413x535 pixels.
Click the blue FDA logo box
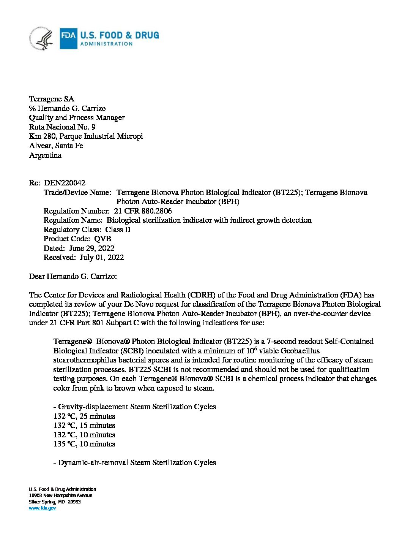tap(68, 38)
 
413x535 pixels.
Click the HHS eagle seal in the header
tap(42, 39)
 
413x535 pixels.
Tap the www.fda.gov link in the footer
tap(43, 508)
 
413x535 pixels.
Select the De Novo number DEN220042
tap(65, 183)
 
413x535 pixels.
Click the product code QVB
tap(102, 239)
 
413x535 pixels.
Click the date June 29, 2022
tap(91, 249)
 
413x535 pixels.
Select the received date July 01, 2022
tap(102, 258)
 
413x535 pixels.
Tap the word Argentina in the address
tap(45, 155)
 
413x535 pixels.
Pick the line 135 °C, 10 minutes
tap(84, 444)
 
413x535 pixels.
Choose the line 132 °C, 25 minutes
tap(84, 416)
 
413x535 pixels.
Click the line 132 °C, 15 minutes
tap(84, 426)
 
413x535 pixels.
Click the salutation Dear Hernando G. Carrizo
tap(73, 277)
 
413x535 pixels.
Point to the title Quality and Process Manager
tap(77, 118)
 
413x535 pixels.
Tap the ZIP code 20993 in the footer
tap(74, 502)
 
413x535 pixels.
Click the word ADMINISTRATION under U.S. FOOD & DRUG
tap(106, 44)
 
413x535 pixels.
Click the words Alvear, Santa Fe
tap(56, 146)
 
